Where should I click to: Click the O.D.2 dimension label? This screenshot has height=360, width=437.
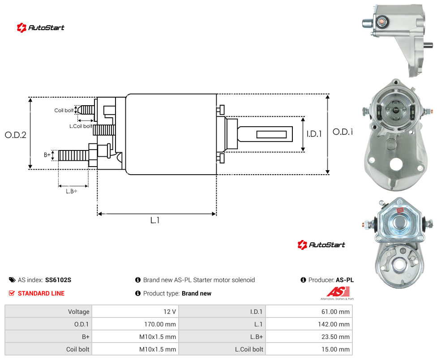point(16,135)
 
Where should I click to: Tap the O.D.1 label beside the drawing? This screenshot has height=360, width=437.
point(343,132)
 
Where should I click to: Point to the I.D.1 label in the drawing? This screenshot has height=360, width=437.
point(314,134)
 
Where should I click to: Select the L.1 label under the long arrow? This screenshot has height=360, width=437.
point(154,220)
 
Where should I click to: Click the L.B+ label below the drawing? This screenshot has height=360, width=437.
point(72,191)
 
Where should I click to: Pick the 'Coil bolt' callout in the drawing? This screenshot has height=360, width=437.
point(64,110)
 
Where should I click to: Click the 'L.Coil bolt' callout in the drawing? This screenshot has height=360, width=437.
point(81,126)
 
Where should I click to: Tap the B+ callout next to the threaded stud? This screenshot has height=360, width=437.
point(47,154)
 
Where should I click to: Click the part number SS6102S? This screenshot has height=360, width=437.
point(58,280)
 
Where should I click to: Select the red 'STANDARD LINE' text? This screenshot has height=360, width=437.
point(41,293)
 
